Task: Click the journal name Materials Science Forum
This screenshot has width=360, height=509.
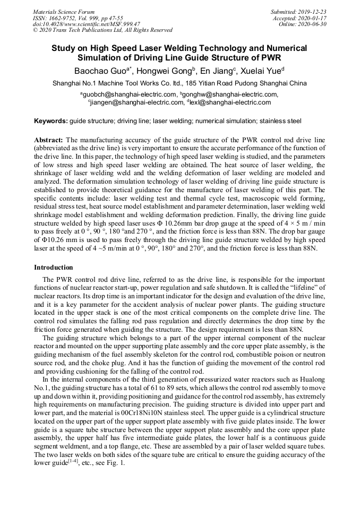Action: pos(64,12)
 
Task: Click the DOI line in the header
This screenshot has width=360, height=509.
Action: pos(87,24)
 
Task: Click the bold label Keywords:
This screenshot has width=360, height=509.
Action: pos(51,121)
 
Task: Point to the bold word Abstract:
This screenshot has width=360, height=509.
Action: pos(49,140)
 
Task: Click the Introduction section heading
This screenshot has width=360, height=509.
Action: pos(54,267)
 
